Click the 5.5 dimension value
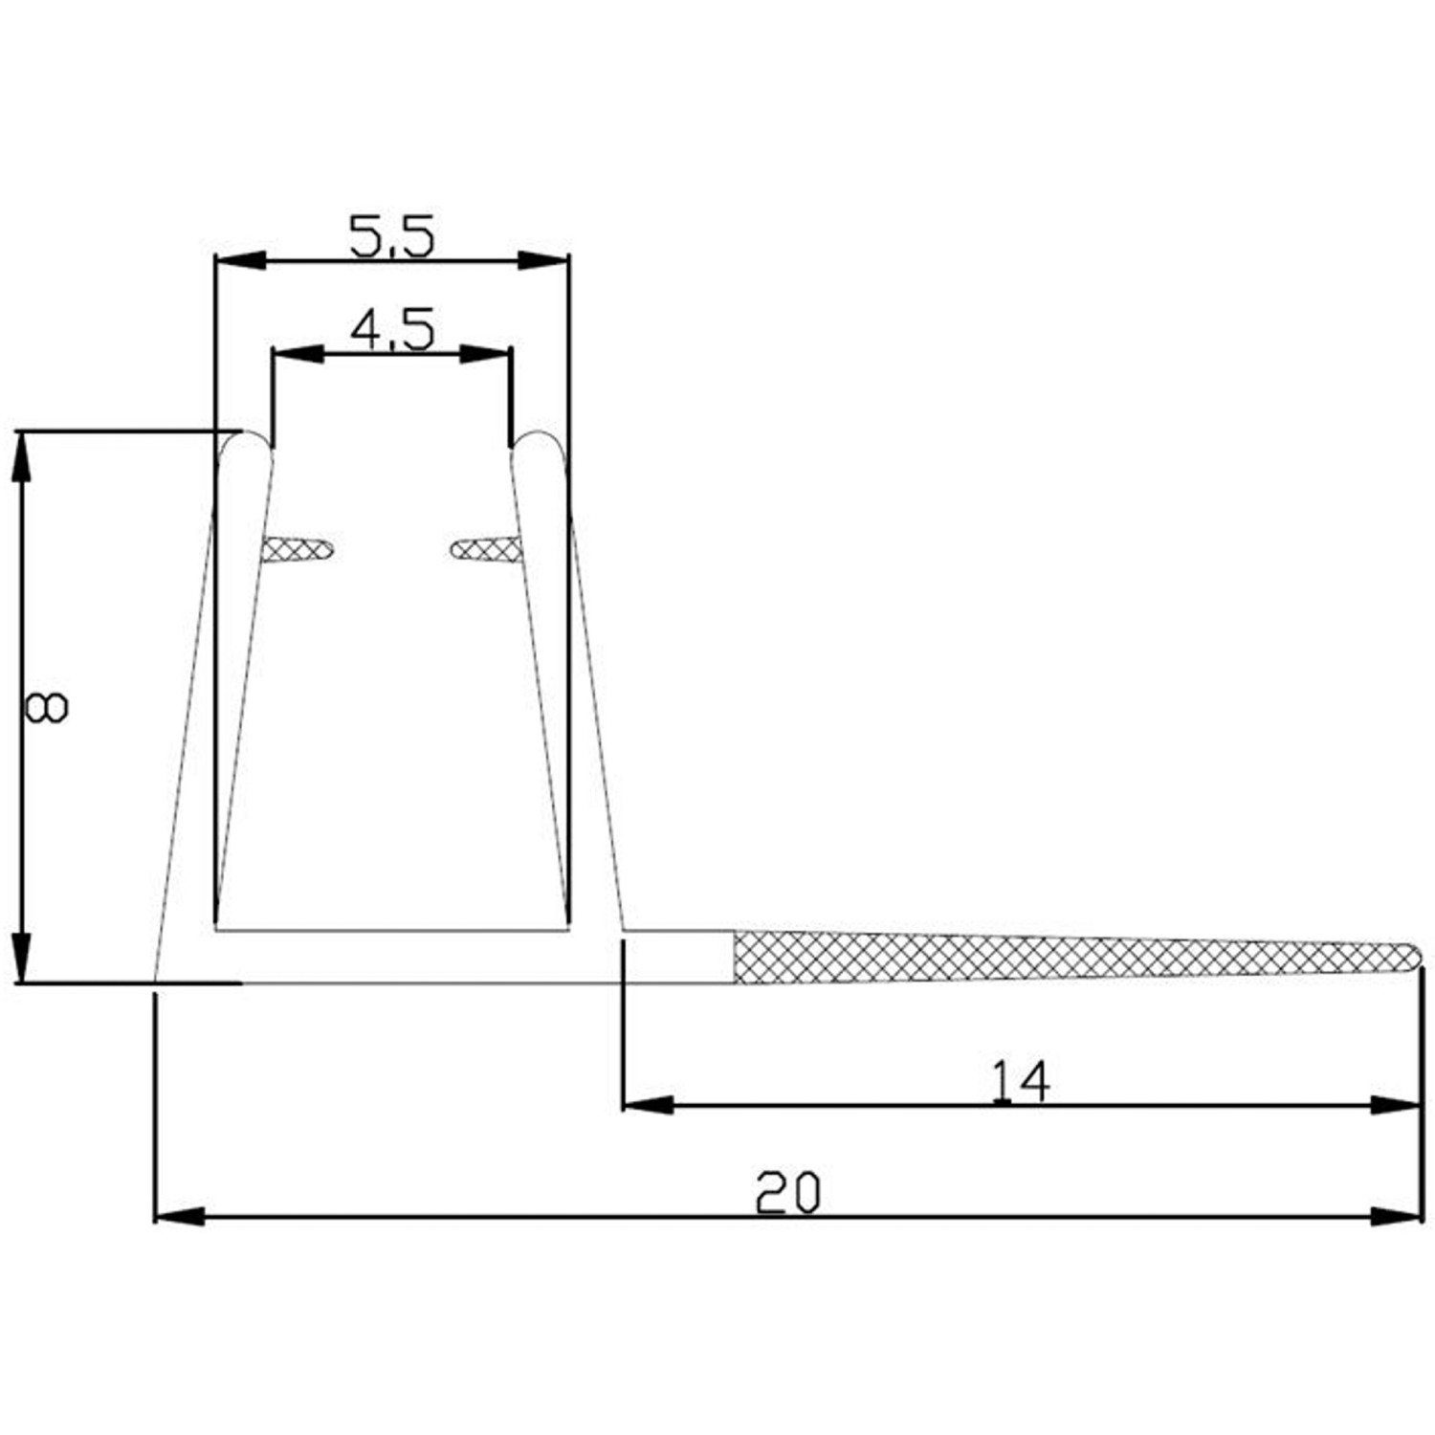click(x=391, y=237)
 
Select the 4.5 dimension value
click(x=391, y=330)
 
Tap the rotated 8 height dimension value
click(x=46, y=708)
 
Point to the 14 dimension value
click(x=1019, y=1082)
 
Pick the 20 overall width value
click(x=787, y=1193)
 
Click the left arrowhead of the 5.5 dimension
click(x=239, y=260)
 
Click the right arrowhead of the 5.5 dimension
click(x=544, y=260)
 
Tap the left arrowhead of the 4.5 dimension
click(x=298, y=354)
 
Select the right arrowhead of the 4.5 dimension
click(x=485, y=354)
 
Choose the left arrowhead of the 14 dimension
click(x=648, y=1105)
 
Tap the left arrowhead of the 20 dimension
click(x=179, y=1217)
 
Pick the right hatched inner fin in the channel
click(x=486, y=549)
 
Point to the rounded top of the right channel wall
click(x=538, y=442)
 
